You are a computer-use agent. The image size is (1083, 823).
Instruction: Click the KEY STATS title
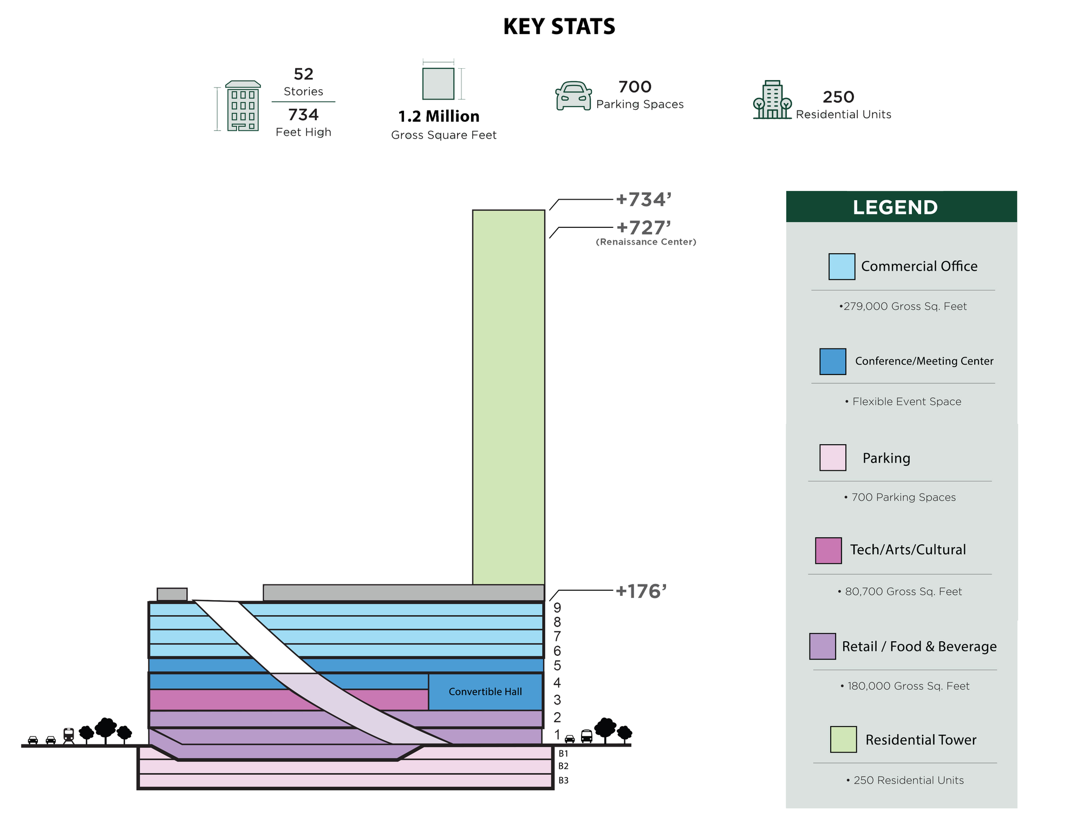(559, 27)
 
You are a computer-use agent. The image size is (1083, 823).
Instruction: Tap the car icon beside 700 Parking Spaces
(573, 96)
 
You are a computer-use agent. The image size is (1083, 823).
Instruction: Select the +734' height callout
(643, 200)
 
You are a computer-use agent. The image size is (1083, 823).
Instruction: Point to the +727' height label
(643, 227)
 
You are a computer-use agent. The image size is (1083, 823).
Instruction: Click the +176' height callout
(641, 591)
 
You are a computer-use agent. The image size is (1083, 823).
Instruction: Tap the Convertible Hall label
(485, 692)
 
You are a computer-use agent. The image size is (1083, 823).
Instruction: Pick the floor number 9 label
(557, 608)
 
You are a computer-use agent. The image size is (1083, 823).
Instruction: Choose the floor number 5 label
(557, 666)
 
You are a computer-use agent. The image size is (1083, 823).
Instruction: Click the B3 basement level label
(563, 780)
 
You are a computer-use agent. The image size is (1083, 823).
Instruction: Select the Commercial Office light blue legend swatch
(841, 266)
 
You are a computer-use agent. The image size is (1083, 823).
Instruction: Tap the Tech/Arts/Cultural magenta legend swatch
(828, 550)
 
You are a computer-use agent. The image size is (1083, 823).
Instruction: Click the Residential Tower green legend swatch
(843, 739)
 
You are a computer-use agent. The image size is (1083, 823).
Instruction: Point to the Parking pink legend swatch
(832, 457)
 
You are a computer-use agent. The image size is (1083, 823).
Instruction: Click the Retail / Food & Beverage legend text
(919, 647)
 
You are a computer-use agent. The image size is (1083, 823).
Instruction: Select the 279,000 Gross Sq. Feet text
(903, 306)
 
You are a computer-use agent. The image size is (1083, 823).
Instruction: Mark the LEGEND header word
(895, 207)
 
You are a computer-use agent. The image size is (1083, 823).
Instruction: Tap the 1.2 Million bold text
(439, 116)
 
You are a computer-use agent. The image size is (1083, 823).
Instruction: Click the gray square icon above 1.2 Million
(438, 83)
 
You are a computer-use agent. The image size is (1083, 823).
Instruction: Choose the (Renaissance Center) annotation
(646, 242)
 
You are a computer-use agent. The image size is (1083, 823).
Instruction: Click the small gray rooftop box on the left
(172, 594)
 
